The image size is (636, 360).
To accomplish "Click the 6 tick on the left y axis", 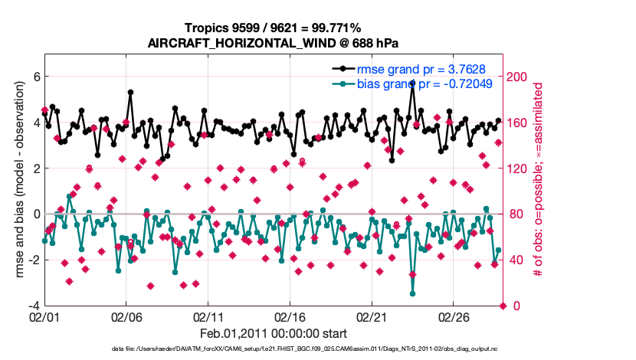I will (35, 77).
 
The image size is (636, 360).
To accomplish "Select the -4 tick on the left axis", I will (33, 306).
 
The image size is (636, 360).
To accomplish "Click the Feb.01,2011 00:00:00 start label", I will (274, 333).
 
